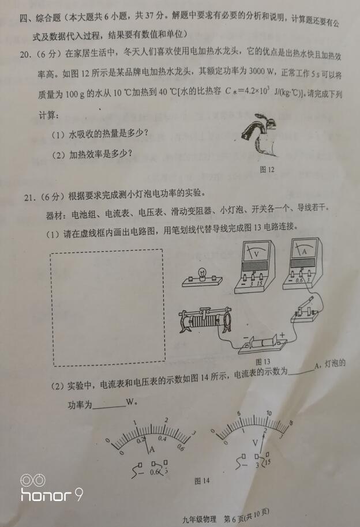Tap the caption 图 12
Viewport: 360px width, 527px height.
point(267,170)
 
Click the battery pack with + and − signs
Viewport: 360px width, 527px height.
point(263,344)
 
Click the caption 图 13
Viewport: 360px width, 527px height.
point(262,362)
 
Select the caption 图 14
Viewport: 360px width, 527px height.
point(202,481)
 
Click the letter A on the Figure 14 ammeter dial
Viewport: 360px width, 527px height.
point(152,449)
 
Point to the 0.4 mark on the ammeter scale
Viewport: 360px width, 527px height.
point(163,438)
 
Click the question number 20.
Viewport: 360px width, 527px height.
point(25,54)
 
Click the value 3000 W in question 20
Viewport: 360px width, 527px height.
point(261,71)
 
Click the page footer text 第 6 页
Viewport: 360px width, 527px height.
point(234,518)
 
